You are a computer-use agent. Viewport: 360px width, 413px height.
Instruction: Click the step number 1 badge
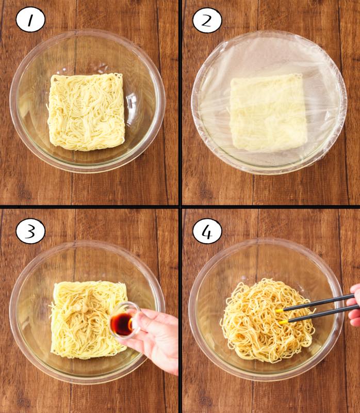coord(30,20)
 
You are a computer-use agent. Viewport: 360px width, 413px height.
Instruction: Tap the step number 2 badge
coord(207,20)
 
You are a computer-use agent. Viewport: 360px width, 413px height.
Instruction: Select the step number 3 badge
coord(30,231)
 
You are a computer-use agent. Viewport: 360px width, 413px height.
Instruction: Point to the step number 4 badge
coord(207,231)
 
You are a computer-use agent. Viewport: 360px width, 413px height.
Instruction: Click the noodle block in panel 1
coord(86,112)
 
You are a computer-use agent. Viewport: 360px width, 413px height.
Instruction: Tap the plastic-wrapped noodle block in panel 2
coord(269,113)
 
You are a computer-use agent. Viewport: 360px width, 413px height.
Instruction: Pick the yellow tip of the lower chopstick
coord(283,322)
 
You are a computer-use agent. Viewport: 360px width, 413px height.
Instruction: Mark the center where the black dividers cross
coord(180,206)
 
